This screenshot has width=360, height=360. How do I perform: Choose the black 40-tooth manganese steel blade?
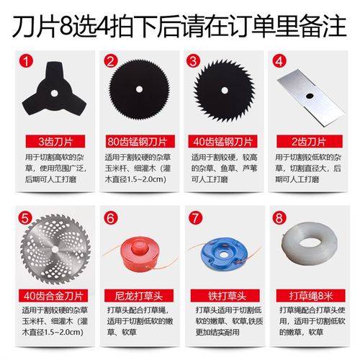coord(224,89)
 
